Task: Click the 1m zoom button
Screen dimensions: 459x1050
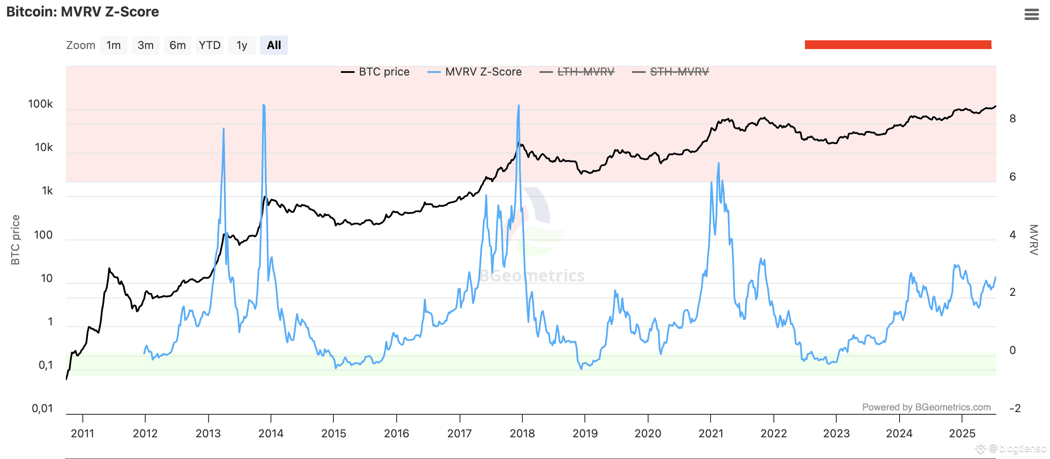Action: [x=114, y=45]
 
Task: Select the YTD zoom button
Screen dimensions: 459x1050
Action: [x=210, y=45]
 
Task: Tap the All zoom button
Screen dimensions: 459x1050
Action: [x=274, y=45]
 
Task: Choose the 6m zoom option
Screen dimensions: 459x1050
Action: [x=178, y=45]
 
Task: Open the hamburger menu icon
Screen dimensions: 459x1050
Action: [x=1031, y=15]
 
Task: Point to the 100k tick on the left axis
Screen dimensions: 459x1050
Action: [x=40, y=104]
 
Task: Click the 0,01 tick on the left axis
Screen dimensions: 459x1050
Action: [x=42, y=408]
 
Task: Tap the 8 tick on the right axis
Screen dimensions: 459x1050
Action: [x=1012, y=118]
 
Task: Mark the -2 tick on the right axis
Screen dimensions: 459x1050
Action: [x=1014, y=408]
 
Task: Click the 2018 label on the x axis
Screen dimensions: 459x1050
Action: [x=522, y=433]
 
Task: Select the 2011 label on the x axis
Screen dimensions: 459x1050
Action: [x=82, y=433]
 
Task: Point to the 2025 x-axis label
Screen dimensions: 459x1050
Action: [x=962, y=433]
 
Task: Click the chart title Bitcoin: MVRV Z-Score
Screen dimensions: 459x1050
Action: [x=82, y=12]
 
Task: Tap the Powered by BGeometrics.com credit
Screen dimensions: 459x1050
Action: [x=926, y=407]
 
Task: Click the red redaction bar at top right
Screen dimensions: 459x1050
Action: [x=897, y=45]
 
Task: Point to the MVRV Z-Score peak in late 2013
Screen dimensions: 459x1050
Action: [x=264, y=105]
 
